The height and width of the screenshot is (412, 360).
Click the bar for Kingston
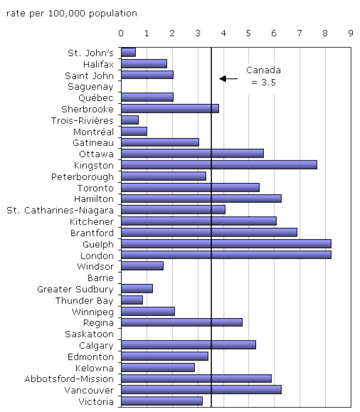(x=219, y=165)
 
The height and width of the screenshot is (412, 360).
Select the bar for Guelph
(x=226, y=244)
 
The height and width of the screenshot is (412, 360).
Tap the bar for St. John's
(x=128, y=52)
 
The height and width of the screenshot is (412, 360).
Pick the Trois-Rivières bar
(x=130, y=120)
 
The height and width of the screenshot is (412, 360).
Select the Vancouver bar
(x=201, y=390)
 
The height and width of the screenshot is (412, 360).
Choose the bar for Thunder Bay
(x=132, y=300)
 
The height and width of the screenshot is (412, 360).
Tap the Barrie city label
(x=100, y=277)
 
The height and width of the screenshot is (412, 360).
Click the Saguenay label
(x=90, y=86)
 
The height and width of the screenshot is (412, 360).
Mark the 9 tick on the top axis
(x=351, y=34)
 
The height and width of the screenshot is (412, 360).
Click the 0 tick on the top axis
(x=121, y=34)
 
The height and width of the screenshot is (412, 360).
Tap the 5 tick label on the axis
(x=248, y=34)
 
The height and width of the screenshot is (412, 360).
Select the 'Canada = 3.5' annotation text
(x=263, y=77)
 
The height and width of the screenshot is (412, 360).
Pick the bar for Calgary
(x=188, y=345)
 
